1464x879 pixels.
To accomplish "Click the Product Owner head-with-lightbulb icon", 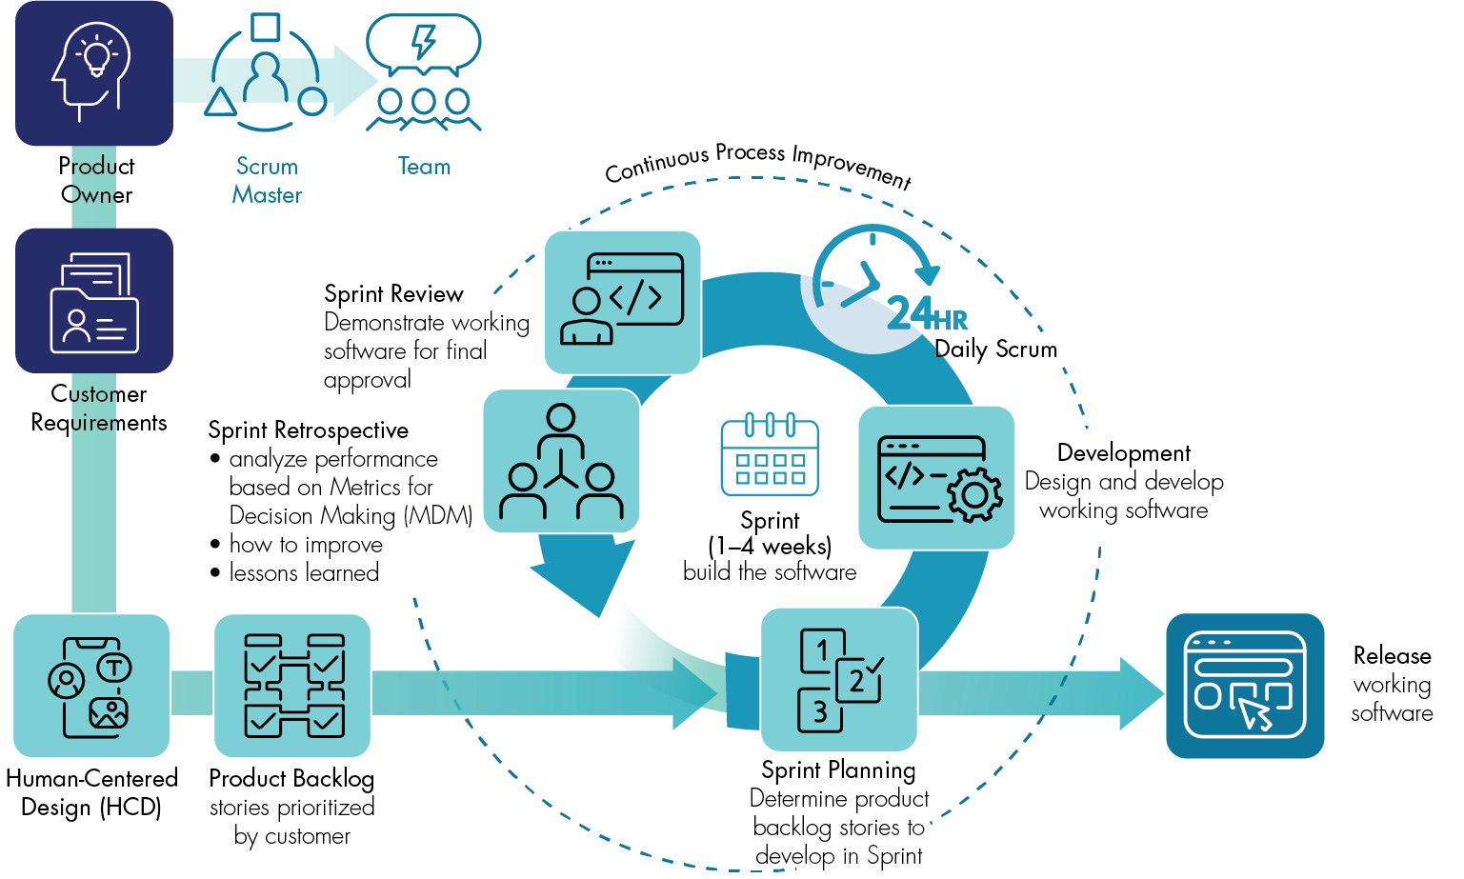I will coord(94,73).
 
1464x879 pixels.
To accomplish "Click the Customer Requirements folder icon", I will coord(94,301).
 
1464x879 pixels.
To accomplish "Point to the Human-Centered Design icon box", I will coord(91,686).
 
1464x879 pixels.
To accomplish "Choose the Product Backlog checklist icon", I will coord(292,686).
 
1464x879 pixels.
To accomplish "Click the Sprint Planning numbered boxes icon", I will coord(839,680).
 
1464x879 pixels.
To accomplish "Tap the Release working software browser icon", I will coord(1245,686).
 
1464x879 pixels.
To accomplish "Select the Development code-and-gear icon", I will coord(936,478).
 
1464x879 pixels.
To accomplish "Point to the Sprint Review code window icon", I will coord(623,302).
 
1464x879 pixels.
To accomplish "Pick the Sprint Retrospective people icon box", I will coord(561,461).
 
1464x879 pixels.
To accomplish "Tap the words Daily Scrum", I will coord(996,350).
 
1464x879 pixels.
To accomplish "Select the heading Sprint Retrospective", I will coord(308,430).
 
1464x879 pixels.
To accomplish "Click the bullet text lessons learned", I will coord(304,573).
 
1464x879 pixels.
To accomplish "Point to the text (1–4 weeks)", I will coord(770,547).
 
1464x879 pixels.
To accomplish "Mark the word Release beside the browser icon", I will coord(1392,656).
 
